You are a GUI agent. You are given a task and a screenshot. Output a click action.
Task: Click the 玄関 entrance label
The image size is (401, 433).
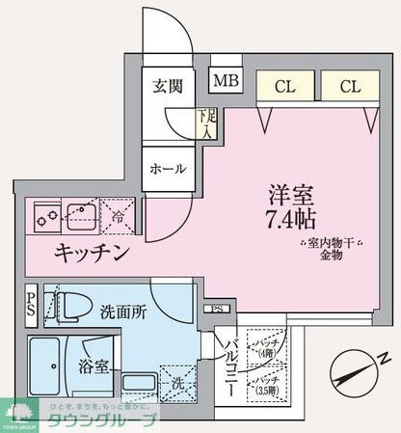tap(168, 86)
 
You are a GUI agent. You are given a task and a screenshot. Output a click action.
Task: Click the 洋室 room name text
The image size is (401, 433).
tap(286, 192)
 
